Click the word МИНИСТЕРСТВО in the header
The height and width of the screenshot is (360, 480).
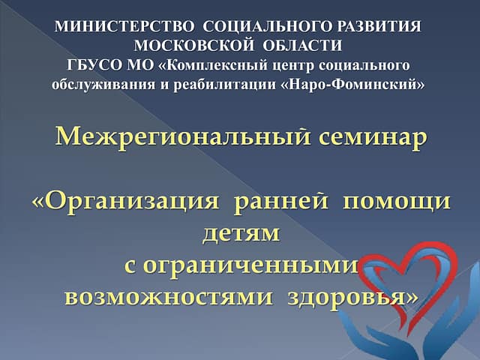point(124,27)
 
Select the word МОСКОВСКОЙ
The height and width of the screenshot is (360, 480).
point(194,46)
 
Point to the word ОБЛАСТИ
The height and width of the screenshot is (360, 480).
point(302,46)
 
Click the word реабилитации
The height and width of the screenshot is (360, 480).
point(225,85)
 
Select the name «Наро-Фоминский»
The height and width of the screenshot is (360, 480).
point(352,85)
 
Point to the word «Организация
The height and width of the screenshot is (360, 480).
point(125,202)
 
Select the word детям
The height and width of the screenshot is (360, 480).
point(241,233)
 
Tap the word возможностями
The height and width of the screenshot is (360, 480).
point(169,297)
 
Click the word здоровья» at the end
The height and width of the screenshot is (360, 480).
point(352,298)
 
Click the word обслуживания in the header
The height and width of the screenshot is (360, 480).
point(103,85)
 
